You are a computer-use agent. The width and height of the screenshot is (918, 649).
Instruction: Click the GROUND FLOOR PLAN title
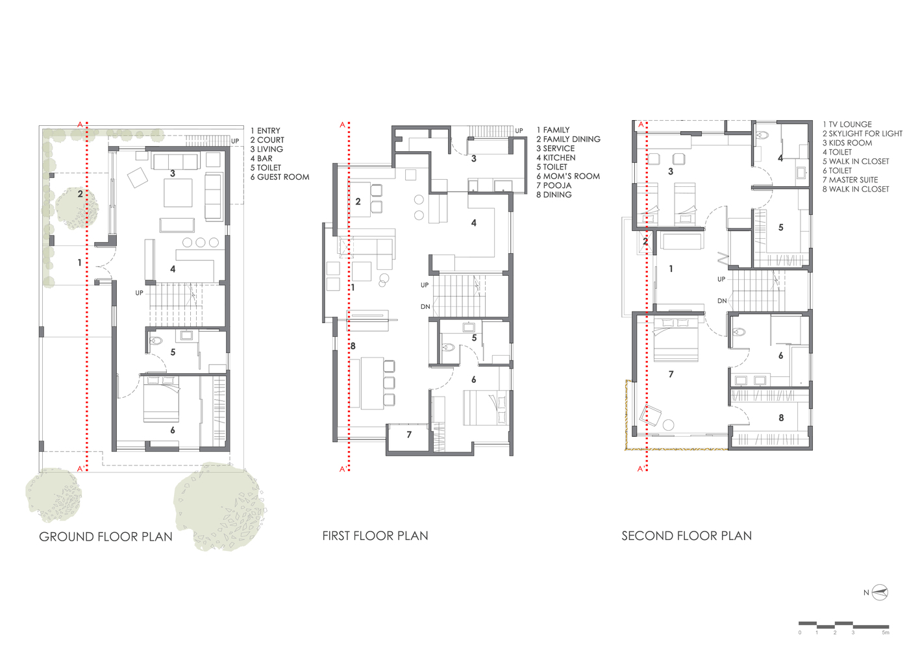(x=105, y=537)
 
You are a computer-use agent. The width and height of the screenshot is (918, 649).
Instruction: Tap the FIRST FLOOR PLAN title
(x=375, y=536)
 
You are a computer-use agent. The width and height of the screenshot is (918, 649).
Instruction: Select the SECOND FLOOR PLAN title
(x=686, y=536)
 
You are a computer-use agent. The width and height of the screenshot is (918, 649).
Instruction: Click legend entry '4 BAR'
(x=262, y=158)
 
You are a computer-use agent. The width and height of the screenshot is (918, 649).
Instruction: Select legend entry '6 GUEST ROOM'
(x=280, y=177)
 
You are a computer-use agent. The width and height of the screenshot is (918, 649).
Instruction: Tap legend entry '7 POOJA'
(x=554, y=186)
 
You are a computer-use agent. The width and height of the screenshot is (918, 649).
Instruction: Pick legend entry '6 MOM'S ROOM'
(x=568, y=176)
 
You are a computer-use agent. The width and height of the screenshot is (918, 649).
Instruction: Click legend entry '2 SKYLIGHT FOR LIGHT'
(x=862, y=134)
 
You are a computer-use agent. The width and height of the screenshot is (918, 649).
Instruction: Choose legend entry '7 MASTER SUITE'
(x=850, y=180)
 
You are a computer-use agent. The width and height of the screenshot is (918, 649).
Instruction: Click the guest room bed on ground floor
(x=161, y=399)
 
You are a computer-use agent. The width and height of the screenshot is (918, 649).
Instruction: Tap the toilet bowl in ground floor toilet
(x=156, y=341)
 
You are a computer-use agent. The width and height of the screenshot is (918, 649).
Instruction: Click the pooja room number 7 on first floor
(x=409, y=435)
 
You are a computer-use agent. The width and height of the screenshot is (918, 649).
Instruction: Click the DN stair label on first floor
(x=425, y=306)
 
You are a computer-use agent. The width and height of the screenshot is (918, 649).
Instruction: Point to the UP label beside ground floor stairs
(x=140, y=293)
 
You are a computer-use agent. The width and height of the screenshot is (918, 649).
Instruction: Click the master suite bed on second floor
(x=675, y=339)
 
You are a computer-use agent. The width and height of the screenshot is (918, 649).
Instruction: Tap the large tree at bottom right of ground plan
(x=219, y=506)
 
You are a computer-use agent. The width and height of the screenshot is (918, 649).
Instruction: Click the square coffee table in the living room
(x=178, y=193)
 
